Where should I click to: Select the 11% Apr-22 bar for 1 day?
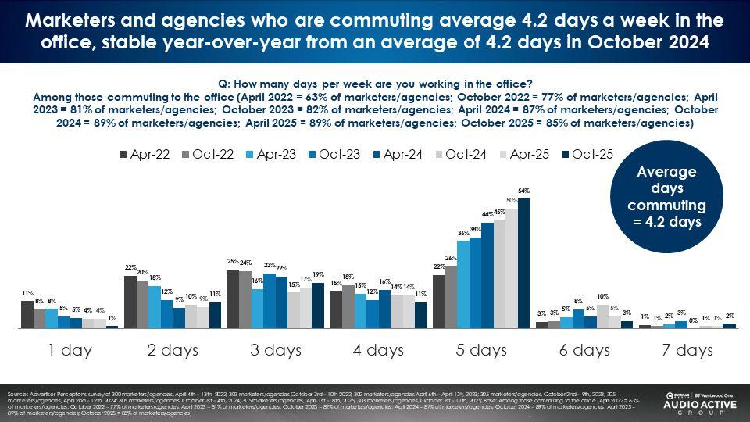click(27, 314)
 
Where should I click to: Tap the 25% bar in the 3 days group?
click(233, 299)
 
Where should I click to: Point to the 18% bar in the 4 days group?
click(348, 306)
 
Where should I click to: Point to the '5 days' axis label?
click(480, 350)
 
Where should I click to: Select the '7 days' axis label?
click(686, 350)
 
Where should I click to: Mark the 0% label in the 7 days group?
click(694, 319)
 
